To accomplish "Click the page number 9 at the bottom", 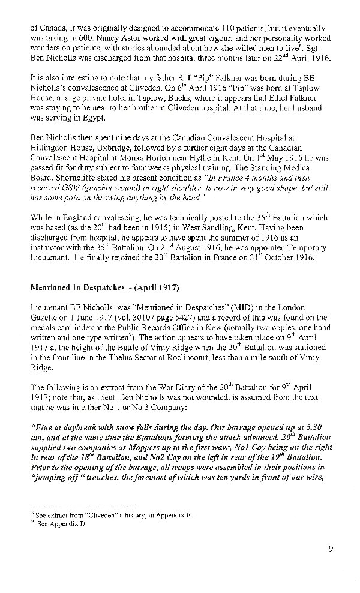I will coord(331,547).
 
